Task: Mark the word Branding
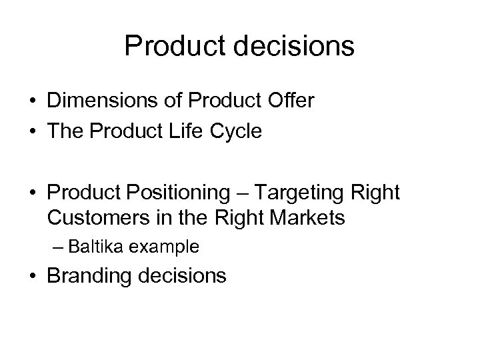coord(86,275)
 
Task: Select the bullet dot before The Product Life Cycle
coord(32,130)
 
